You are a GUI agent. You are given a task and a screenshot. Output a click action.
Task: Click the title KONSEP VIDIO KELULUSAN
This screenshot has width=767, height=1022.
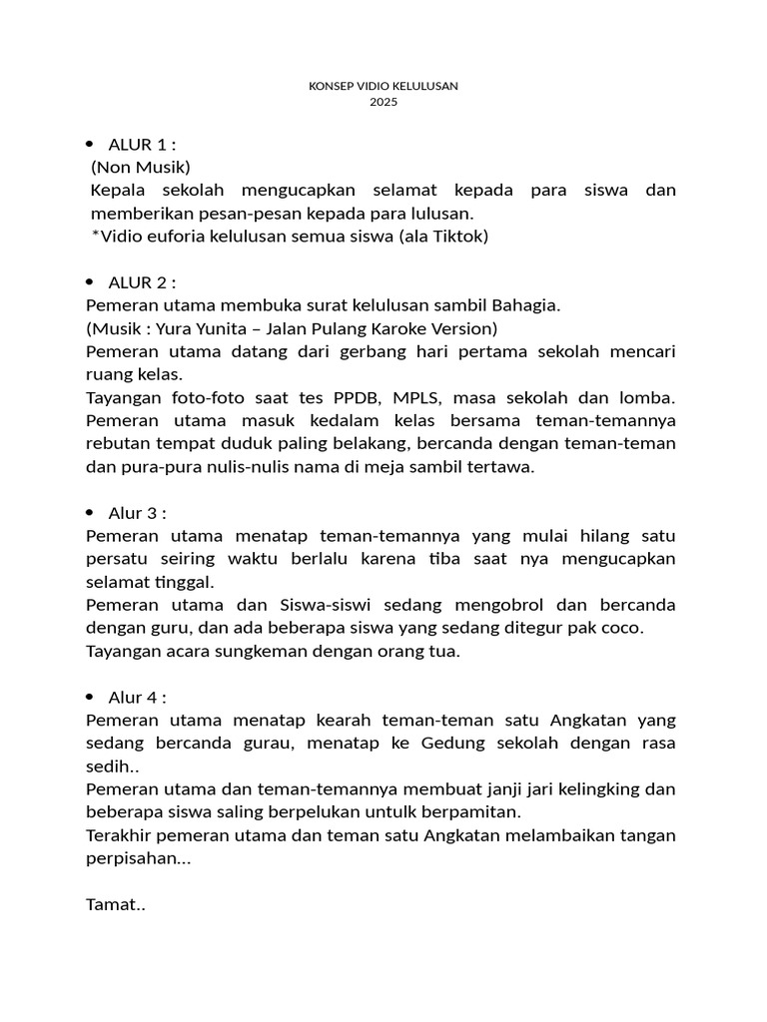tap(383, 86)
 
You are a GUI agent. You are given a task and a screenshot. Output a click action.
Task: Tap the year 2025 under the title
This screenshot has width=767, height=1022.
tap(383, 102)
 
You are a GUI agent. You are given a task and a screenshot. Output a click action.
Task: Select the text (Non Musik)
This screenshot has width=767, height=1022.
tap(140, 167)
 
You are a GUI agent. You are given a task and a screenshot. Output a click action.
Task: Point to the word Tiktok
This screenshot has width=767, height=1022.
tap(456, 237)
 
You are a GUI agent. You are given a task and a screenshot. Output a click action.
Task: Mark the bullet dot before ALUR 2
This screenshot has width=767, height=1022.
tap(90, 281)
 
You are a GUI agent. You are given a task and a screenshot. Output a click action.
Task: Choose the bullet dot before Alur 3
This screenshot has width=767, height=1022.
tap(90, 513)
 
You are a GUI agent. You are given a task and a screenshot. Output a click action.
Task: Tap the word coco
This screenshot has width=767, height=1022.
tap(623, 628)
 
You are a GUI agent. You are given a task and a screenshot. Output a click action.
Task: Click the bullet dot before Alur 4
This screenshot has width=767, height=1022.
tap(90, 697)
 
